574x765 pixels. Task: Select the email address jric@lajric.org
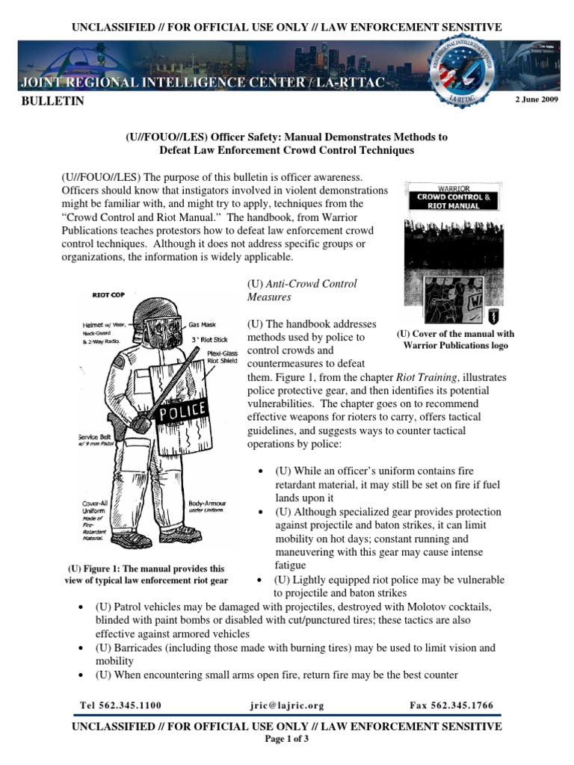(286, 705)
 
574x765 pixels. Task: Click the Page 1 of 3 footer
(287, 739)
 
